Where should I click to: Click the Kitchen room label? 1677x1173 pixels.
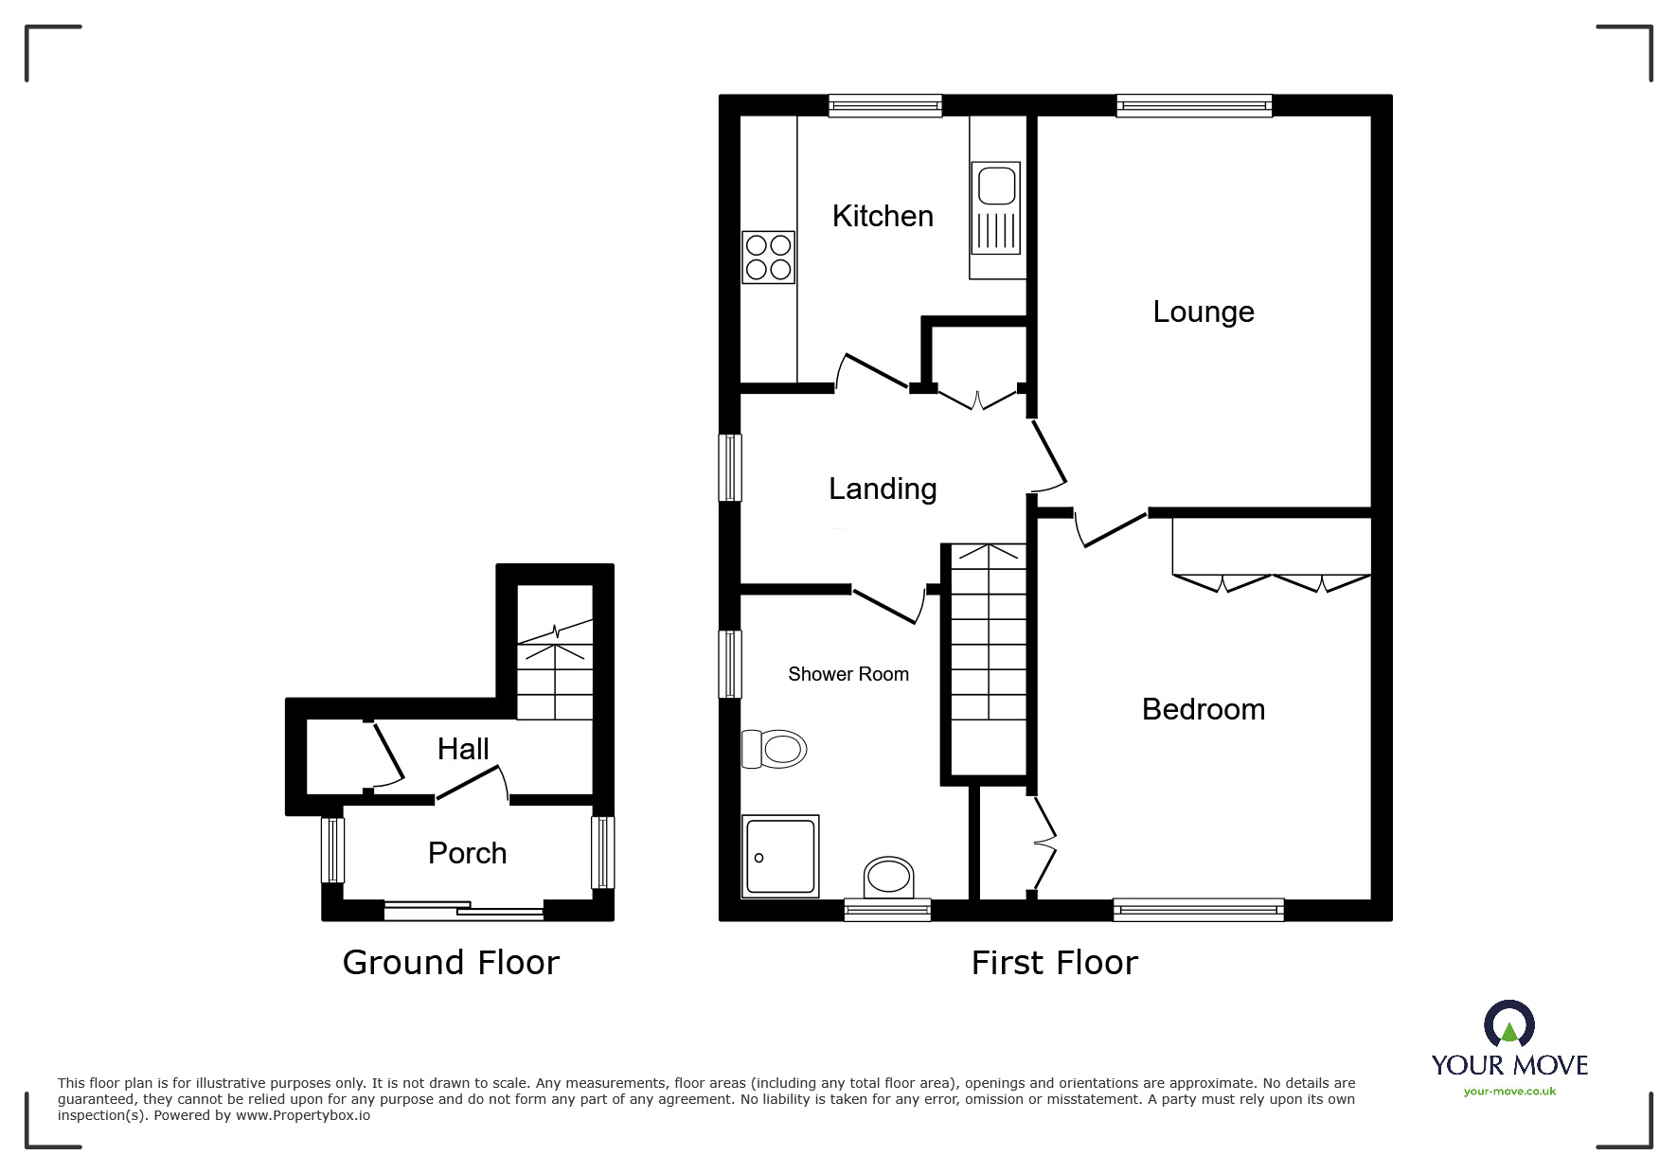(882, 216)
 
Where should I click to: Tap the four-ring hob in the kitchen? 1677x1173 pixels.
(768, 258)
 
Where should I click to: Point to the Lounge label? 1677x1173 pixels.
(1203, 311)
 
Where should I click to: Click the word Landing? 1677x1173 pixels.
(882, 489)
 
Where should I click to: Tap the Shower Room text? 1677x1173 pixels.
(847, 674)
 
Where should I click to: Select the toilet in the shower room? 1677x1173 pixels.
(774, 750)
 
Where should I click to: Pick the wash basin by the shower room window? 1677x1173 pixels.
(889, 877)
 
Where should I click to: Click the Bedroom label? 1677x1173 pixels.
(1203, 709)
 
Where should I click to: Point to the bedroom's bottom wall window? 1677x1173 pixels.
(1198, 910)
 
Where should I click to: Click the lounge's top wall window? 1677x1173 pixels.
(1193, 105)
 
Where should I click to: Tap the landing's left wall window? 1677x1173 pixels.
(729, 467)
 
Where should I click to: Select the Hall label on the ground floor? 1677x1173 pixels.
(463, 749)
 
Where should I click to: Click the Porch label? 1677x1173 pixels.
(467, 853)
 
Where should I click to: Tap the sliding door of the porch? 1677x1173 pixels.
(464, 910)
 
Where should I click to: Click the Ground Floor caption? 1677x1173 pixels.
(451, 962)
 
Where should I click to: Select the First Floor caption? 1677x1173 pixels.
(1054, 963)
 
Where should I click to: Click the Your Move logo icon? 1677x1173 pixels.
(1508, 1024)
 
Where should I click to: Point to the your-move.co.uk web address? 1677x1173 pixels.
(1509, 1092)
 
